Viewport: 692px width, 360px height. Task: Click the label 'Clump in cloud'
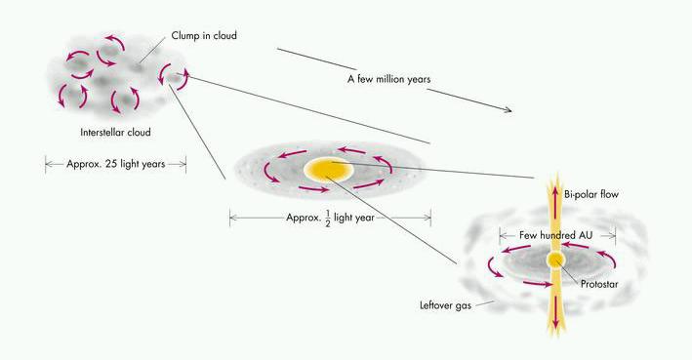211,36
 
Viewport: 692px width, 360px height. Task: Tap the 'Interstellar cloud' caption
114,132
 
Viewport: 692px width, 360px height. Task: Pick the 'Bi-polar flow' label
591,195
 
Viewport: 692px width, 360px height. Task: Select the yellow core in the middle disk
328,170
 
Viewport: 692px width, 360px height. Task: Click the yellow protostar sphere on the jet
556,260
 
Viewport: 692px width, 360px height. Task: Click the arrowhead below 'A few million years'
507,110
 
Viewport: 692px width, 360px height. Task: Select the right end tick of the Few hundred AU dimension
616,235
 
